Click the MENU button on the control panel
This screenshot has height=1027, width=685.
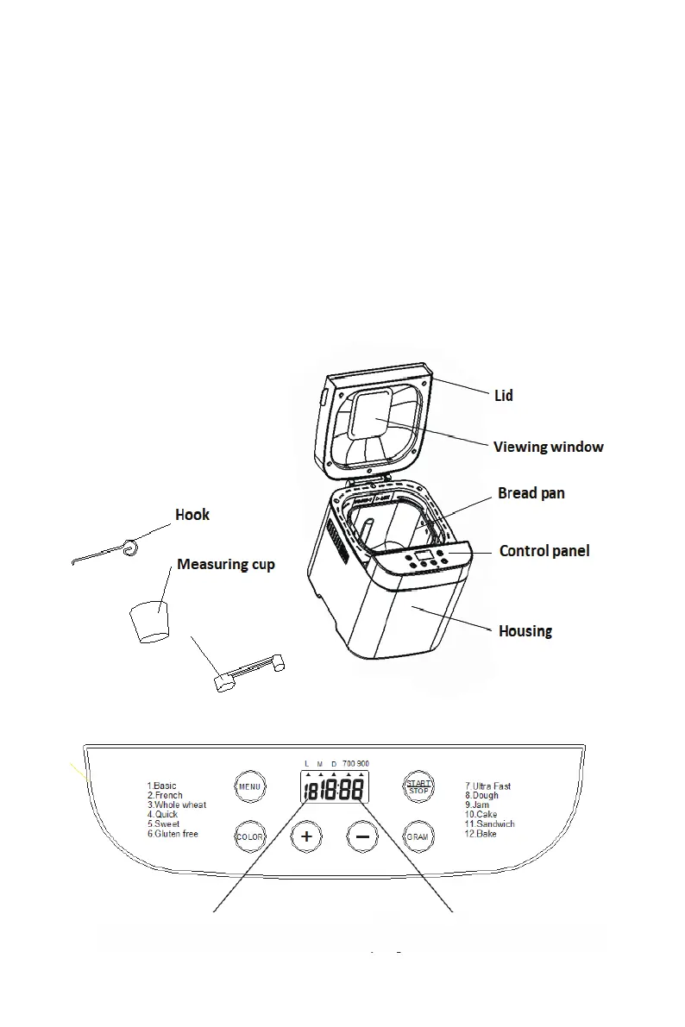pyautogui.click(x=249, y=786)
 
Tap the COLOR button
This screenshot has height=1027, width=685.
pyautogui.click(x=249, y=836)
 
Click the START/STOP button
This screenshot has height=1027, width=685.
pyautogui.click(x=418, y=786)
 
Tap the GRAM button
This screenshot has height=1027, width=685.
pyautogui.click(x=418, y=836)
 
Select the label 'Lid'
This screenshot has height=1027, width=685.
pyautogui.click(x=504, y=396)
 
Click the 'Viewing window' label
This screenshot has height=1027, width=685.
pyautogui.click(x=548, y=447)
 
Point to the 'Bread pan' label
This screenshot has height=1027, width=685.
pyautogui.click(x=531, y=493)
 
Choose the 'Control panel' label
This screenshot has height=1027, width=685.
pyautogui.click(x=544, y=550)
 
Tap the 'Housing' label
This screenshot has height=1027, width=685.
pyautogui.click(x=525, y=631)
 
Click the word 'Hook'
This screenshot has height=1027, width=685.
pyautogui.click(x=192, y=515)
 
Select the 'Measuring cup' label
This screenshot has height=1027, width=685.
pyautogui.click(x=226, y=564)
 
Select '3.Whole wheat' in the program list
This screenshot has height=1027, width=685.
pyautogui.click(x=177, y=805)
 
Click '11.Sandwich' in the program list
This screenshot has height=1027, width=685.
pyautogui.click(x=490, y=824)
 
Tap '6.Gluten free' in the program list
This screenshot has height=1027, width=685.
pyautogui.click(x=173, y=834)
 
